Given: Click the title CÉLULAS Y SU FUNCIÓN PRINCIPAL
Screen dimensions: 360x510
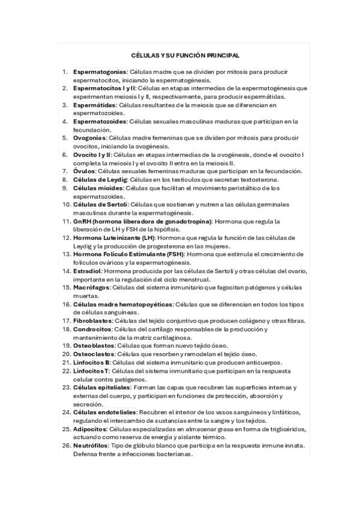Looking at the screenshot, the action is point(185,55).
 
